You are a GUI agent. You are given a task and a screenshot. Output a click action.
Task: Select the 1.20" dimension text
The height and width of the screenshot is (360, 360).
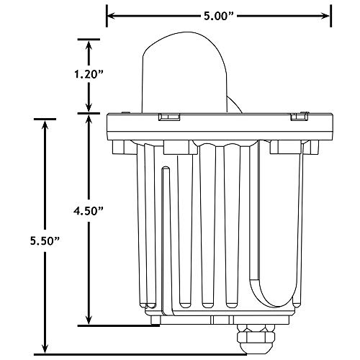tap(89, 74)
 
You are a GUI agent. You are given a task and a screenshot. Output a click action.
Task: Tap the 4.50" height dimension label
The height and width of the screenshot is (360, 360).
tap(89, 210)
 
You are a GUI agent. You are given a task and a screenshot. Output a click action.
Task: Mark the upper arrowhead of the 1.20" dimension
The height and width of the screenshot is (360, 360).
tap(89, 45)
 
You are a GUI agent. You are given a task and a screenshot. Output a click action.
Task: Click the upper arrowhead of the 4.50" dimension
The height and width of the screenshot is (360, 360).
tap(89, 120)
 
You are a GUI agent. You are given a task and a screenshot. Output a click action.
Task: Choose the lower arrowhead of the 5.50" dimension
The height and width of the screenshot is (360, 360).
tap(45, 346)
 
